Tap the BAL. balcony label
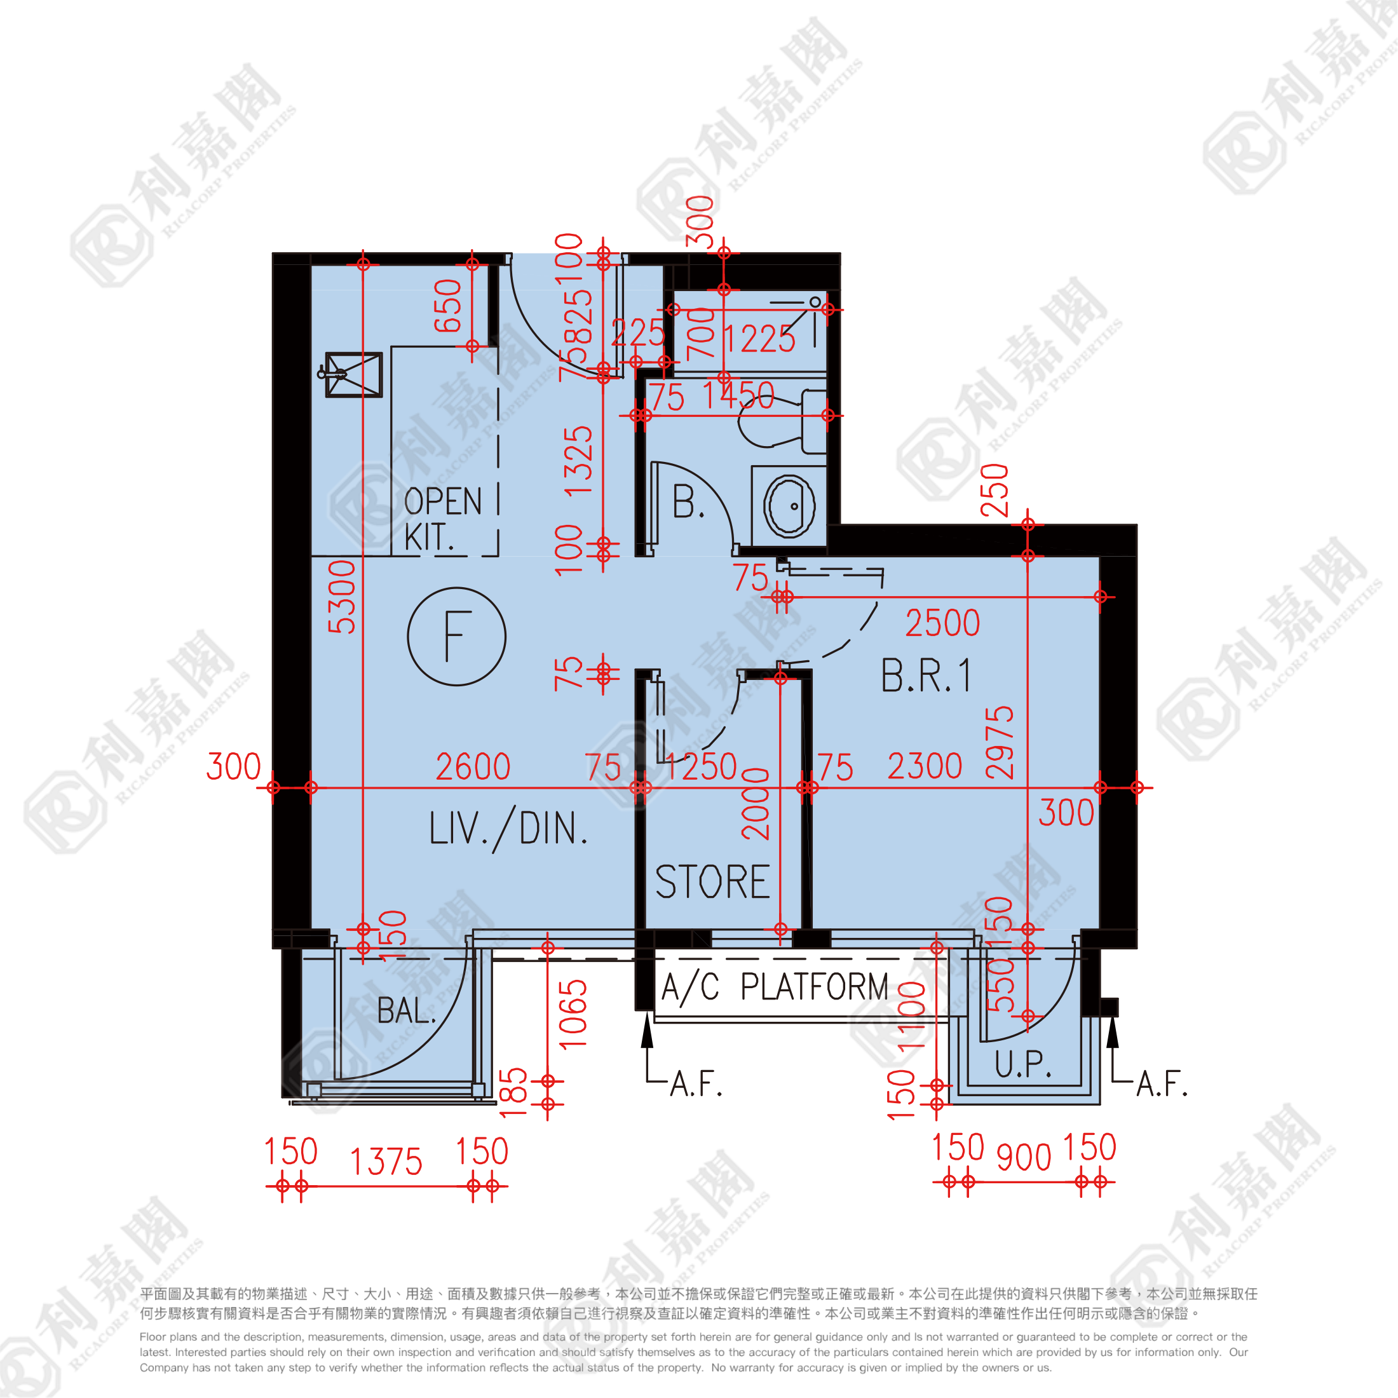[x=406, y=1010]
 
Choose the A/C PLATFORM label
[x=774, y=987]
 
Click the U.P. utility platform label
[x=1022, y=1064]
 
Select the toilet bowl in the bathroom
[x=771, y=419]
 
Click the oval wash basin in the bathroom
[x=789, y=506]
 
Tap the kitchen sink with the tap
[x=353, y=374]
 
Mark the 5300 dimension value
[x=341, y=597]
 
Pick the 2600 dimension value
[x=473, y=767]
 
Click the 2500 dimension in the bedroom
[x=942, y=623]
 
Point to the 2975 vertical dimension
[x=1000, y=742]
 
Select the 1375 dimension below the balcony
[x=386, y=1162]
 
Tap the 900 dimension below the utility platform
[x=1023, y=1158]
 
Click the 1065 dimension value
[x=573, y=1014]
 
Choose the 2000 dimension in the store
[x=756, y=804]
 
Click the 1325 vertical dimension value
[x=578, y=461]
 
